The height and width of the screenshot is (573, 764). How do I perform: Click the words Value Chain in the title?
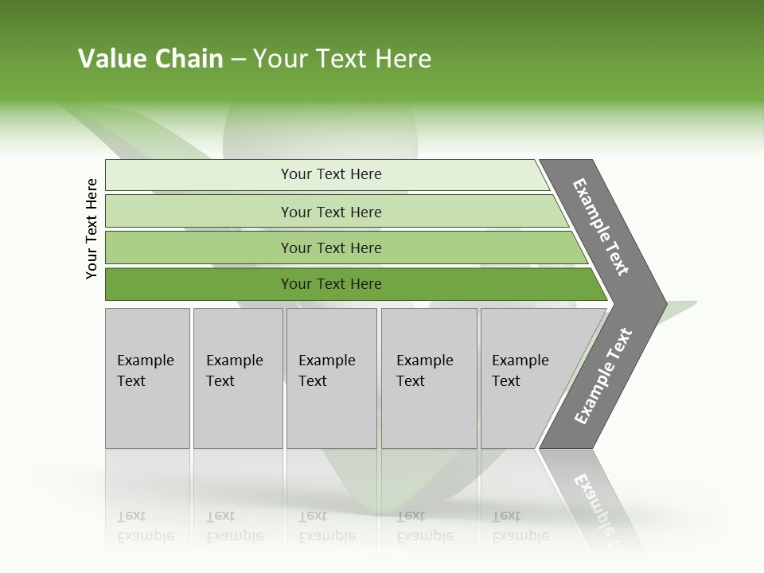[x=150, y=59]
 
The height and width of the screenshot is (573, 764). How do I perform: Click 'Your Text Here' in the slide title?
[x=342, y=59]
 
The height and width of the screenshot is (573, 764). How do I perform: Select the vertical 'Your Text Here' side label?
[x=92, y=228]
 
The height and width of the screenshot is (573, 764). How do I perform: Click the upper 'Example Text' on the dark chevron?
[x=602, y=227]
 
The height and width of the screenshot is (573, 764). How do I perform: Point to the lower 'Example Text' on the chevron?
[x=602, y=376]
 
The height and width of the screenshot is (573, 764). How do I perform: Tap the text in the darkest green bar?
[x=331, y=284]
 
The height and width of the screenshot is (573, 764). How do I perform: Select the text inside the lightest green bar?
[x=331, y=174]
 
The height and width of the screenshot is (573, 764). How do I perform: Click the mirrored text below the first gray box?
[x=145, y=526]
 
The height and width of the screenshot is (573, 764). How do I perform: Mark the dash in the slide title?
[x=238, y=59]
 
